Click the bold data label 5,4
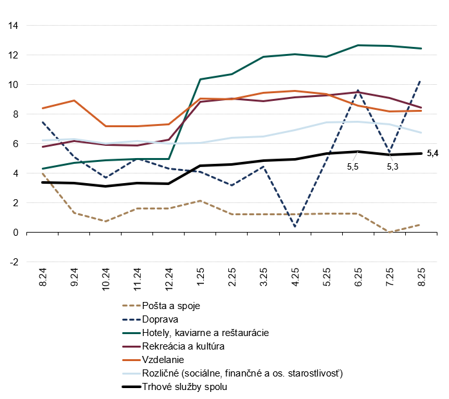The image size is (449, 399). (433, 154)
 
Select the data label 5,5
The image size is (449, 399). (353, 166)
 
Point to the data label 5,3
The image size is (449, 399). (392, 166)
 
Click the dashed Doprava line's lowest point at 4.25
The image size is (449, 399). (294, 226)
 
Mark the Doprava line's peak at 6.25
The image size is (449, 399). (357, 91)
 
